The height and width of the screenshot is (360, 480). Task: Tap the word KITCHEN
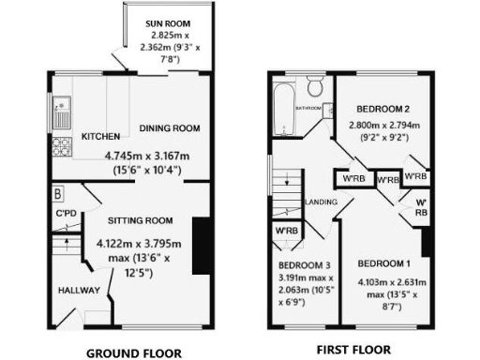(x=101, y=137)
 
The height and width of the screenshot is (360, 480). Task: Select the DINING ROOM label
(x=170, y=128)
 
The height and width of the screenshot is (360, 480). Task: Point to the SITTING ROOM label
(x=141, y=220)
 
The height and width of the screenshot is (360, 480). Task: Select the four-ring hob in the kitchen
(x=62, y=147)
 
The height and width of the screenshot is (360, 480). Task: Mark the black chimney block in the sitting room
(x=201, y=246)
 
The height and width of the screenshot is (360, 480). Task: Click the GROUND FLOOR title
(x=133, y=353)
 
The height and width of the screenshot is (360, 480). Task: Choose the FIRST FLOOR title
(x=353, y=350)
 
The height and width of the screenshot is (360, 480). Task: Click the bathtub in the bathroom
(x=283, y=97)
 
